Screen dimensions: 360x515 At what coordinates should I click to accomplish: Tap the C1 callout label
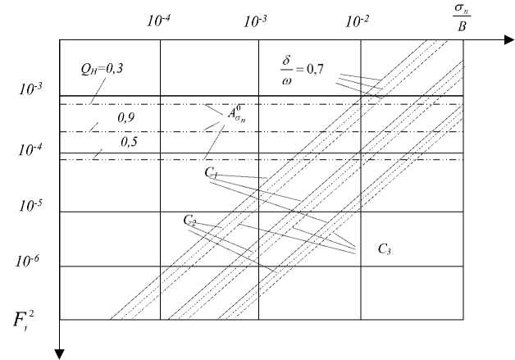tap(211, 172)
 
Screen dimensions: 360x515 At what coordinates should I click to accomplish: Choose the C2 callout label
tap(189, 221)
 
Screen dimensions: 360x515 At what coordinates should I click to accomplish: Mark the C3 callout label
tap(384, 248)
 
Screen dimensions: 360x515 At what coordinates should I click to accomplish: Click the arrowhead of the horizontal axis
tap(508, 39)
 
